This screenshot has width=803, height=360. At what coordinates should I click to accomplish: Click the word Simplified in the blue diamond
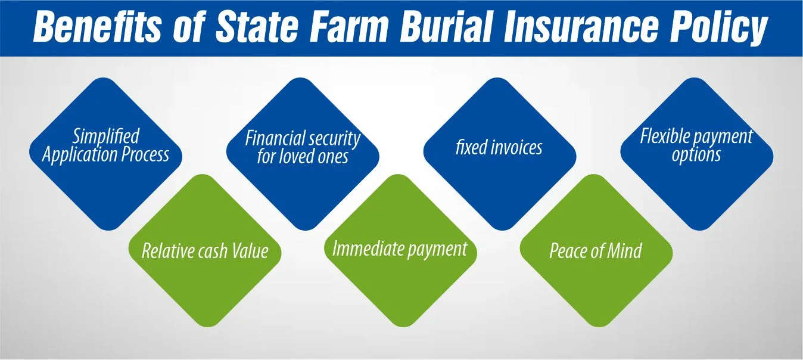(105, 136)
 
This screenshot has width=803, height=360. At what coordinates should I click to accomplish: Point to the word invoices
(515, 147)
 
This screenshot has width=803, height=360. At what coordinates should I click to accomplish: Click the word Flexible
(664, 136)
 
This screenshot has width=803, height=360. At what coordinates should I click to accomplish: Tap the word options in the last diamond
(696, 155)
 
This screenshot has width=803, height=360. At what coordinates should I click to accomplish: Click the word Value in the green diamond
(250, 251)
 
